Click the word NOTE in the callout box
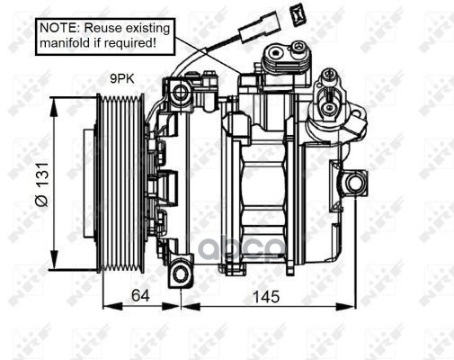(x=58, y=28)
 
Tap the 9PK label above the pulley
(x=122, y=79)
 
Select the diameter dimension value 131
(x=42, y=175)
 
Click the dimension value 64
(x=140, y=296)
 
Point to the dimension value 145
(x=266, y=297)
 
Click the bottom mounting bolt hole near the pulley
(x=180, y=274)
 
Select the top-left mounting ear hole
(x=180, y=92)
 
